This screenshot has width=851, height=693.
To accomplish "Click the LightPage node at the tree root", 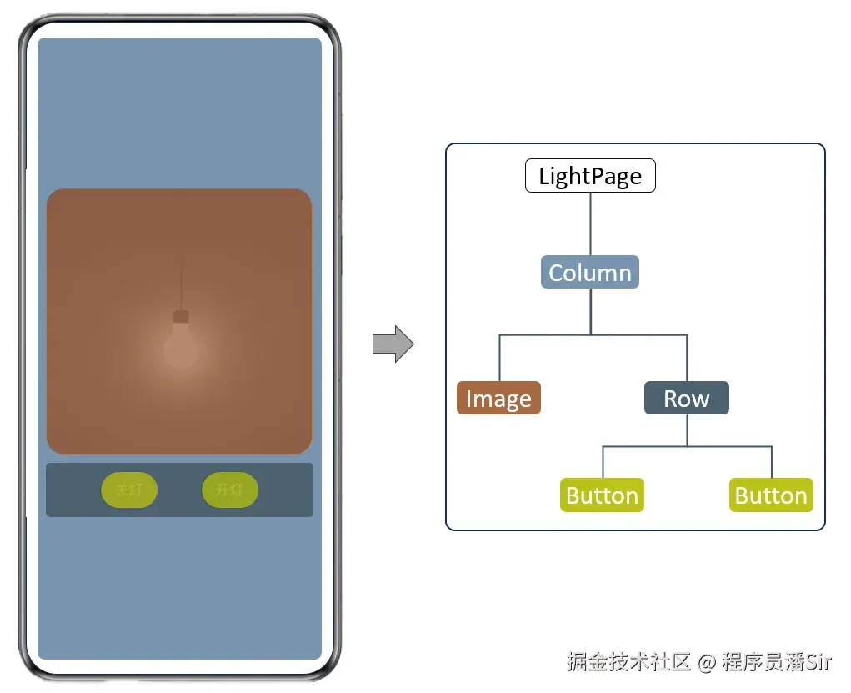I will [x=590, y=176].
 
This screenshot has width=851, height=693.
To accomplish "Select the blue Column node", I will [x=590, y=272].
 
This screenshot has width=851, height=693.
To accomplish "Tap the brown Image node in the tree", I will [x=498, y=399].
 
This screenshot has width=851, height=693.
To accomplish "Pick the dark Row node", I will [x=687, y=398].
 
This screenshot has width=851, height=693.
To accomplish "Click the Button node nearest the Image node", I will [x=602, y=495].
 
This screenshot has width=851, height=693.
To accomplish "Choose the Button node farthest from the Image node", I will [x=771, y=495].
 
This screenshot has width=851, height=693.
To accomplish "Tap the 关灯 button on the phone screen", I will [x=129, y=490].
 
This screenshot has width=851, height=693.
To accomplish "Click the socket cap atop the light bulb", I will [x=181, y=317].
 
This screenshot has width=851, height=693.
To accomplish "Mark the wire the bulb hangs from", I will [x=181, y=279].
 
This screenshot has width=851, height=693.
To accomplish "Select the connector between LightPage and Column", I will [x=590, y=223].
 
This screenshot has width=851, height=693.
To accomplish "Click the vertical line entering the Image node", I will [x=499, y=359].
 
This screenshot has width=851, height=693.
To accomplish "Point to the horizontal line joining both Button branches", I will [x=687, y=447].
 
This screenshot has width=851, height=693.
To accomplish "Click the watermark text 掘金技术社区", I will [x=629, y=662].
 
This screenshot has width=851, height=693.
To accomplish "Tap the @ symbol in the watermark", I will [x=707, y=663].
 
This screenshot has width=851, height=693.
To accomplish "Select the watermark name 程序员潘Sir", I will [x=777, y=662].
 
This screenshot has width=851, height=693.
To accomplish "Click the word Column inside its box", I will [x=590, y=272].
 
